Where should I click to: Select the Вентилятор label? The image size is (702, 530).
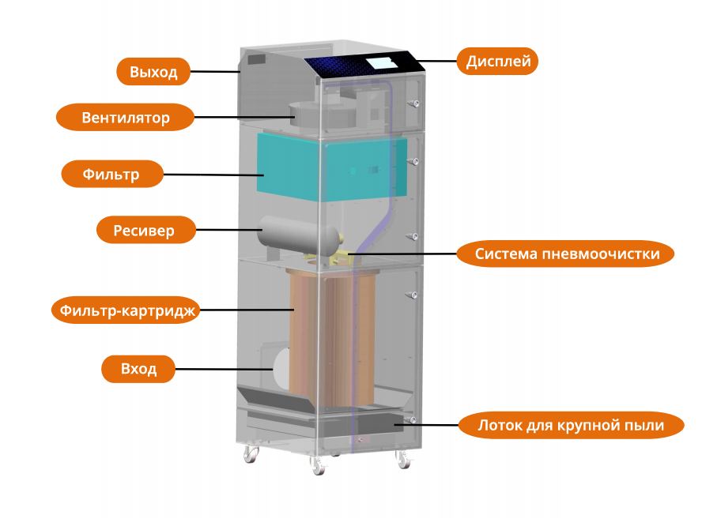[x=125, y=118]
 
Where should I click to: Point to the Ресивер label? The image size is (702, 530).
[x=146, y=231]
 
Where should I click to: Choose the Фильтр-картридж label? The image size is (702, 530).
[x=124, y=310]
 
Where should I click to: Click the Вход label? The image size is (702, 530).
[x=139, y=369]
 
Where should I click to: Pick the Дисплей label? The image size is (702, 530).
[x=497, y=61]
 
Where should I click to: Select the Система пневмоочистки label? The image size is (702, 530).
[x=566, y=254]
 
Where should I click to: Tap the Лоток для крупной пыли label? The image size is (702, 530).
[x=570, y=425]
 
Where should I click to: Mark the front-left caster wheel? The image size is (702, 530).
[x=318, y=467]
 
